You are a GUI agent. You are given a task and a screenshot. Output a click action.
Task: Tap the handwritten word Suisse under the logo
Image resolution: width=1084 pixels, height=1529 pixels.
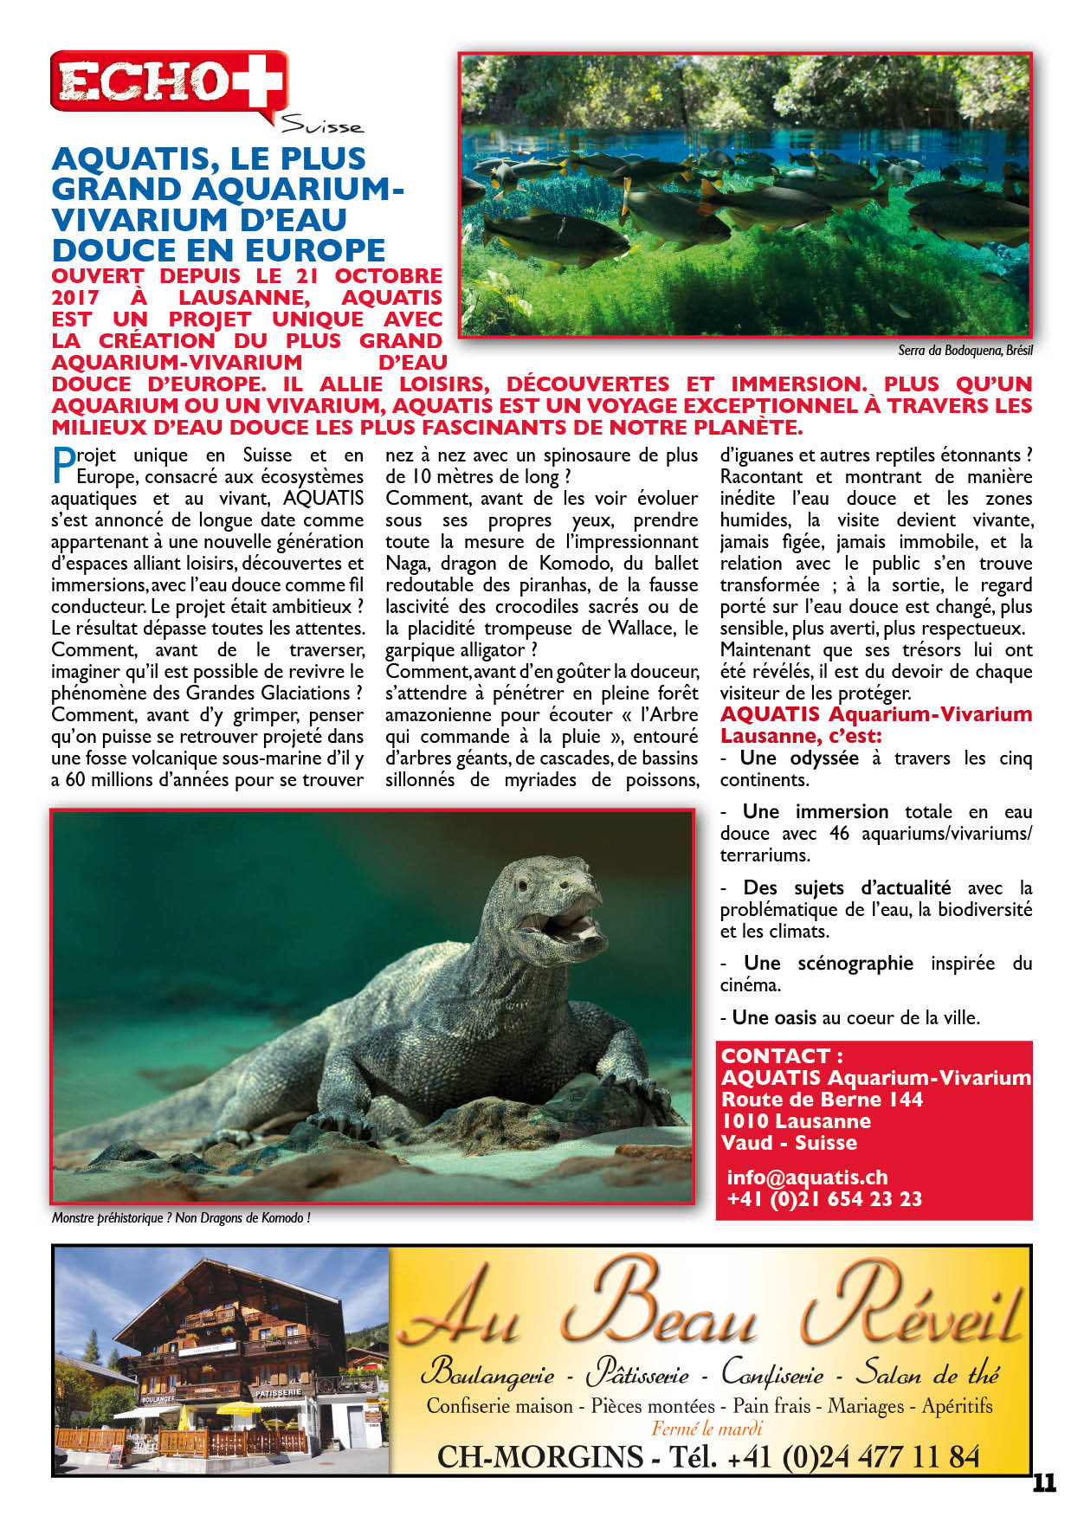tap(322, 126)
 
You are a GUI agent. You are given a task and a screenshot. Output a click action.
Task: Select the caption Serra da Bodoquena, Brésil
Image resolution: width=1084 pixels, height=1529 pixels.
tap(965, 351)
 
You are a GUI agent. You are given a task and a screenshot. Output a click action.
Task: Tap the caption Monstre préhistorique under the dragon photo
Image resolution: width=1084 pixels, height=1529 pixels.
tap(180, 1218)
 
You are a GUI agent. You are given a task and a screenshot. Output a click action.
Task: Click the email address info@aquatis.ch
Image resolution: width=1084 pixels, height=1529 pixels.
tap(807, 1177)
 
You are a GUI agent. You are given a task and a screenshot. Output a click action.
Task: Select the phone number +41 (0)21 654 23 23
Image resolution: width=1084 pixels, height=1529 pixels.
tap(824, 1199)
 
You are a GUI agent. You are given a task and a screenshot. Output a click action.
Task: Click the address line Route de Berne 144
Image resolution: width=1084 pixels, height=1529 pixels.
tap(822, 1100)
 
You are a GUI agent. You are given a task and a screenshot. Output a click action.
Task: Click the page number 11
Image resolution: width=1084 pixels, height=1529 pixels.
tap(1044, 1482)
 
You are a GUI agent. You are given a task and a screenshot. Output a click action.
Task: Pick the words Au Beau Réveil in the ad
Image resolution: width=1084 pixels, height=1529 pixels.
tap(710, 1308)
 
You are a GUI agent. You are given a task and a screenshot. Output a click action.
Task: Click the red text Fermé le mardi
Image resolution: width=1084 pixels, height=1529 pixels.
tap(707, 1429)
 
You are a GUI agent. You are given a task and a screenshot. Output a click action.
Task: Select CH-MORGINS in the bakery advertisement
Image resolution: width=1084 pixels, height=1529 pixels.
tap(539, 1456)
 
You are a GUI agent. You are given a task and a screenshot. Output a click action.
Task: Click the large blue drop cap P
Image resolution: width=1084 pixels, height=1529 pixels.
tap(63, 465)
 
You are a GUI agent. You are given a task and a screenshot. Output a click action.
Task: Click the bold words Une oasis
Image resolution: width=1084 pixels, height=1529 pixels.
tap(773, 1018)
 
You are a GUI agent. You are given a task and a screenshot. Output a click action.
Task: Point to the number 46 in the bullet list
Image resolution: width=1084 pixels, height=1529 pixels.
tap(839, 834)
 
